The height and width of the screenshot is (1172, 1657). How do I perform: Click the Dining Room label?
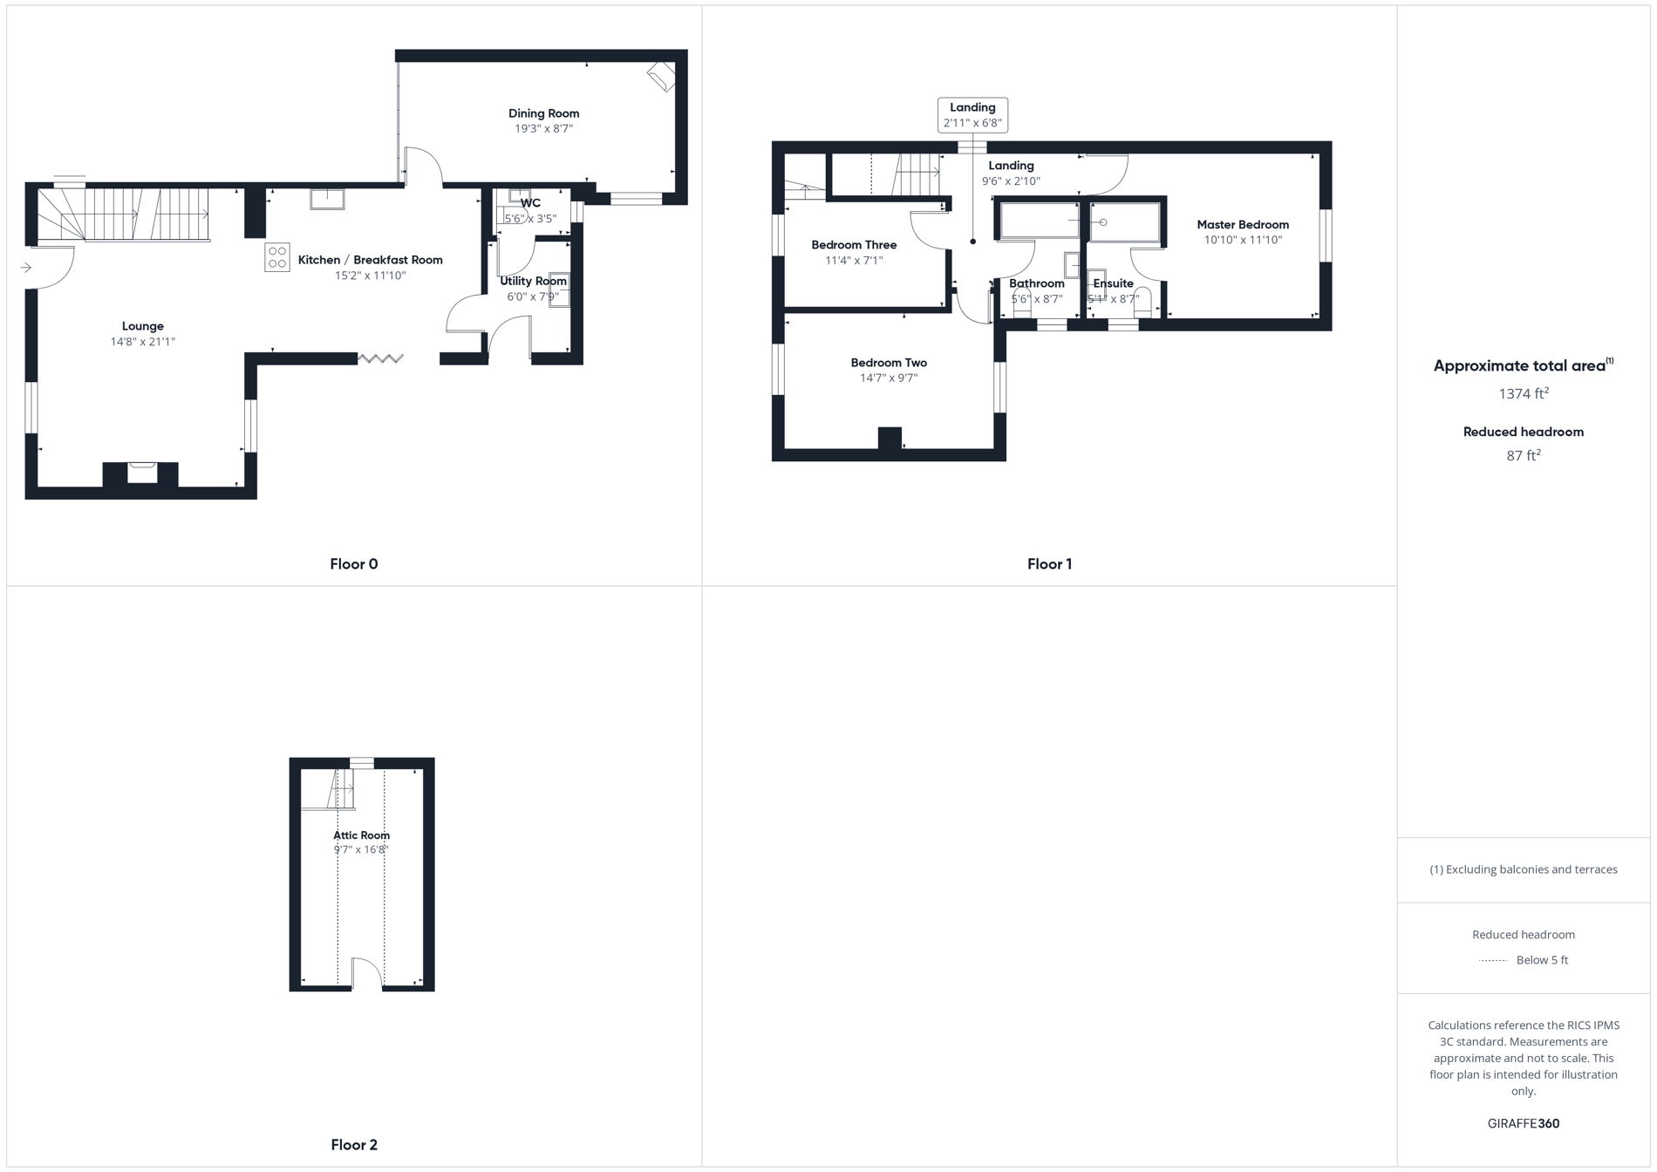(543, 113)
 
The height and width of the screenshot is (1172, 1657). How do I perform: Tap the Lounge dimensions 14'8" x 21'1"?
(143, 342)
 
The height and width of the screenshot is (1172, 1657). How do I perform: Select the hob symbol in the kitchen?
(277, 257)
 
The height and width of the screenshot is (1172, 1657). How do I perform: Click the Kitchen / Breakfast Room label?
(370, 260)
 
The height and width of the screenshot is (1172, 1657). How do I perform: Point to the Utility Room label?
(533, 281)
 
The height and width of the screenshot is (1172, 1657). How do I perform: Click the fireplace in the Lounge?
(141, 473)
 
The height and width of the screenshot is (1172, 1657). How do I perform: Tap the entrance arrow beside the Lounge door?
(26, 268)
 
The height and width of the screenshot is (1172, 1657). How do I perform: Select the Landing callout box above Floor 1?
(972, 115)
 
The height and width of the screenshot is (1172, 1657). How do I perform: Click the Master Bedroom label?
(1242, 225)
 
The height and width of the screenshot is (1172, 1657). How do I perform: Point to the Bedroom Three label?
(854, 245)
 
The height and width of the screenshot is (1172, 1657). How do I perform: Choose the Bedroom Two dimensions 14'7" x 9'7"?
(889, 378)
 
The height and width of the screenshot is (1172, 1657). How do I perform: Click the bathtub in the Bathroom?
(1040, 221)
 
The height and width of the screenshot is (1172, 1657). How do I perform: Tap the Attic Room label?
(361, 835)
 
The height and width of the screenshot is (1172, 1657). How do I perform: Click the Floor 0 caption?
(353, 564)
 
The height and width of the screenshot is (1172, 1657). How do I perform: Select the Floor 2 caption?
(353, 1145)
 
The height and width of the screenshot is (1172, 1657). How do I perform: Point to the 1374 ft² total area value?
(1523, 394)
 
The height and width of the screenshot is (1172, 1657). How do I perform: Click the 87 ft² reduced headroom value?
(1523, 455)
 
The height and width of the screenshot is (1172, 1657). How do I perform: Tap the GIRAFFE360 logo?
(1523, 1123)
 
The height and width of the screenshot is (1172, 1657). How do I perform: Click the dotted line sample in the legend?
(1493, 961)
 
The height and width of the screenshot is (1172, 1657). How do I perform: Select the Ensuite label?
(1113, 283)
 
